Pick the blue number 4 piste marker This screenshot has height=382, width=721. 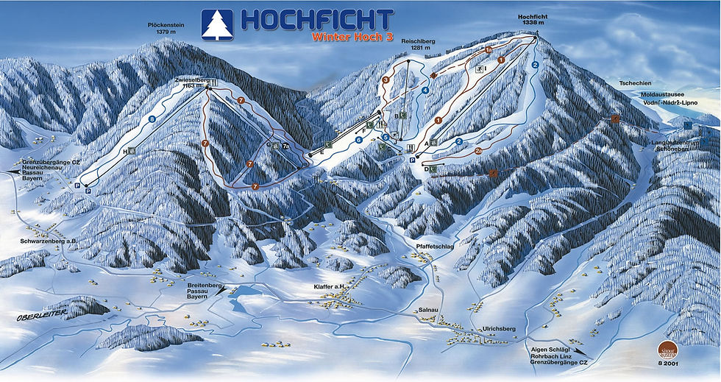click(x=425, y=91)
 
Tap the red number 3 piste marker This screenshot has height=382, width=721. click(x=386, y=79)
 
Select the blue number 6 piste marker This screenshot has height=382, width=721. click(x=359, y=139)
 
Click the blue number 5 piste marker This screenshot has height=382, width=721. click(x=386, y=137)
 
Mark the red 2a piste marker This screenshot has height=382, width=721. click(x=477, y=151)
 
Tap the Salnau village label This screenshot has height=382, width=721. click(x=428, y=310)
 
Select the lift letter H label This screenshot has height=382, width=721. click(x=126, y=151)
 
